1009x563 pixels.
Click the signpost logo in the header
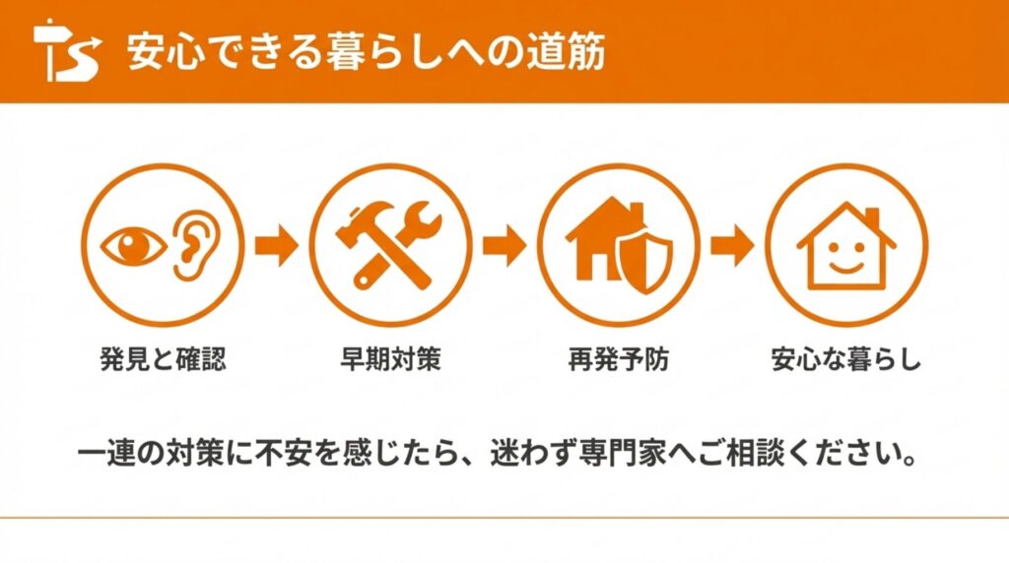pos(67,50)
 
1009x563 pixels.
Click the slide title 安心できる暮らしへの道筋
pos(367,51)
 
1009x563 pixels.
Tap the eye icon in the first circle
pos(134,245)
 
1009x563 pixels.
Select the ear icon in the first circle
pos(197,245)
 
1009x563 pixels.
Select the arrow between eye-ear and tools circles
pos(277,245)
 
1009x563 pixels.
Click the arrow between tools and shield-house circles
pos(504,245)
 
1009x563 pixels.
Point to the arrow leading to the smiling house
pos(732,245)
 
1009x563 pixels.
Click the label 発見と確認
pos(164,358)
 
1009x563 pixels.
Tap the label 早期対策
pos(390,358)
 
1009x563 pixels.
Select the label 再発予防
pos(619,358)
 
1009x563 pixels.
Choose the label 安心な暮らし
pos(846,358)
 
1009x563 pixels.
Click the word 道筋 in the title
pos(567,51)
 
